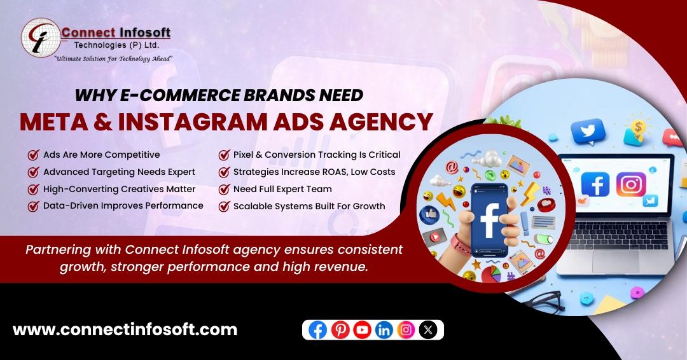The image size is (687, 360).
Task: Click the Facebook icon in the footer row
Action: pyautogui.click(x=317, y=329)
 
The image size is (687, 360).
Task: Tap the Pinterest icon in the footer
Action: pyautogui.click(x=340, y=329)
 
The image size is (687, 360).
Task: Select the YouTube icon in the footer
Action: pyautogui.click(x=362, y=329)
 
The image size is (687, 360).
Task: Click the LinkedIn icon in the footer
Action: pyautogui.click(x=384, y=329)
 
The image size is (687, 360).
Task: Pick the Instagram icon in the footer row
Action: pyautogui.click(x=406, y=329)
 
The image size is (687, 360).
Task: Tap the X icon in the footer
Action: pyautogui.click(x=428, y=329)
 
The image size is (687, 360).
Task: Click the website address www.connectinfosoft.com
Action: pyautogui.click(x=125, y=329)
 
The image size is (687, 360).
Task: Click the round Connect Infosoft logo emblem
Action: pyautogui.click(x=41, y=38)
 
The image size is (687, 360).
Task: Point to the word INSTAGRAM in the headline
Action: pyautogui.click(x=193, y=121)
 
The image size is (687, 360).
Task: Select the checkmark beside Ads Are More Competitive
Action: pyautogui.click(x=33, y=155)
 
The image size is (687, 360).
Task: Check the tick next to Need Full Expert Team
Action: pyautogui.click(x=225, y=189)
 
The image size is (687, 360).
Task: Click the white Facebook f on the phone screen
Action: pyautogui.click(x=489, y=220)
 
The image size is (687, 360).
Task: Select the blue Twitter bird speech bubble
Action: pyautogui.click(x=588, y=132)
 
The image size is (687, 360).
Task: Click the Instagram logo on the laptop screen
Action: pyautogui.click(x=631, y=184)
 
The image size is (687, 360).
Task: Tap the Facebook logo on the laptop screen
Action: pyautogui.click(x=595, y=184)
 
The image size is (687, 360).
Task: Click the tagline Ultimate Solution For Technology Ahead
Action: pyautogui.click(x=113, y=59)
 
